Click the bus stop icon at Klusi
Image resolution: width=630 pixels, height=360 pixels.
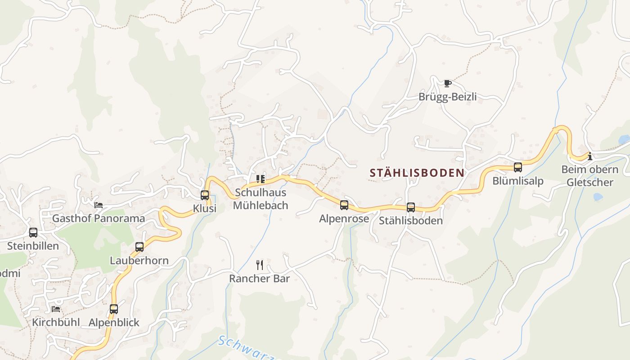[205, 195]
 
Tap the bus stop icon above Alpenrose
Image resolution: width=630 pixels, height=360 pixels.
[344, 205]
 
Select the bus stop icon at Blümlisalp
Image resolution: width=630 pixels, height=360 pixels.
[518, 167]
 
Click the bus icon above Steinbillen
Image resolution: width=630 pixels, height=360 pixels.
[33, 233]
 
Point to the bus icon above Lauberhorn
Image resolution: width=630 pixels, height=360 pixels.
[139, 247]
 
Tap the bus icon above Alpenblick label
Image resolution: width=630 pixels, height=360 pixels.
[114, 309]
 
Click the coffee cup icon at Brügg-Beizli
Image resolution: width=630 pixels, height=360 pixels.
[447, 83]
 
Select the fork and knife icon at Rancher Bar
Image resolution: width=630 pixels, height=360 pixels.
[259, 265]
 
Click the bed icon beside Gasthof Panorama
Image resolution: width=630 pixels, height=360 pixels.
[99, 205]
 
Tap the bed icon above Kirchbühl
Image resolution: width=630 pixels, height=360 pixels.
[56, 309]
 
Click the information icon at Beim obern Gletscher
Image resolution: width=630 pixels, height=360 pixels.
[589, 157]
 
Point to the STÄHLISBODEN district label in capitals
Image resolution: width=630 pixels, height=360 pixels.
[417, 173]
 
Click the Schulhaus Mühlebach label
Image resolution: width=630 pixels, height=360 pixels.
[260, 199]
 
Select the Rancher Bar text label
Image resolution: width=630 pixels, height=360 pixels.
[259, 279]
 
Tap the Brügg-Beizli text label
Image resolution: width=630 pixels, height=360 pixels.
[447, 97]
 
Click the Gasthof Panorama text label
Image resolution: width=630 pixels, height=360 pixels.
[99, 219]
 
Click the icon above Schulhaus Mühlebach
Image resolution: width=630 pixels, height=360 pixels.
[261, 179]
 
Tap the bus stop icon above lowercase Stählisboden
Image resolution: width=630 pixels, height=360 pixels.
[411, 207]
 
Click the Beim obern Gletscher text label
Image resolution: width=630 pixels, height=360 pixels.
[589, 176]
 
